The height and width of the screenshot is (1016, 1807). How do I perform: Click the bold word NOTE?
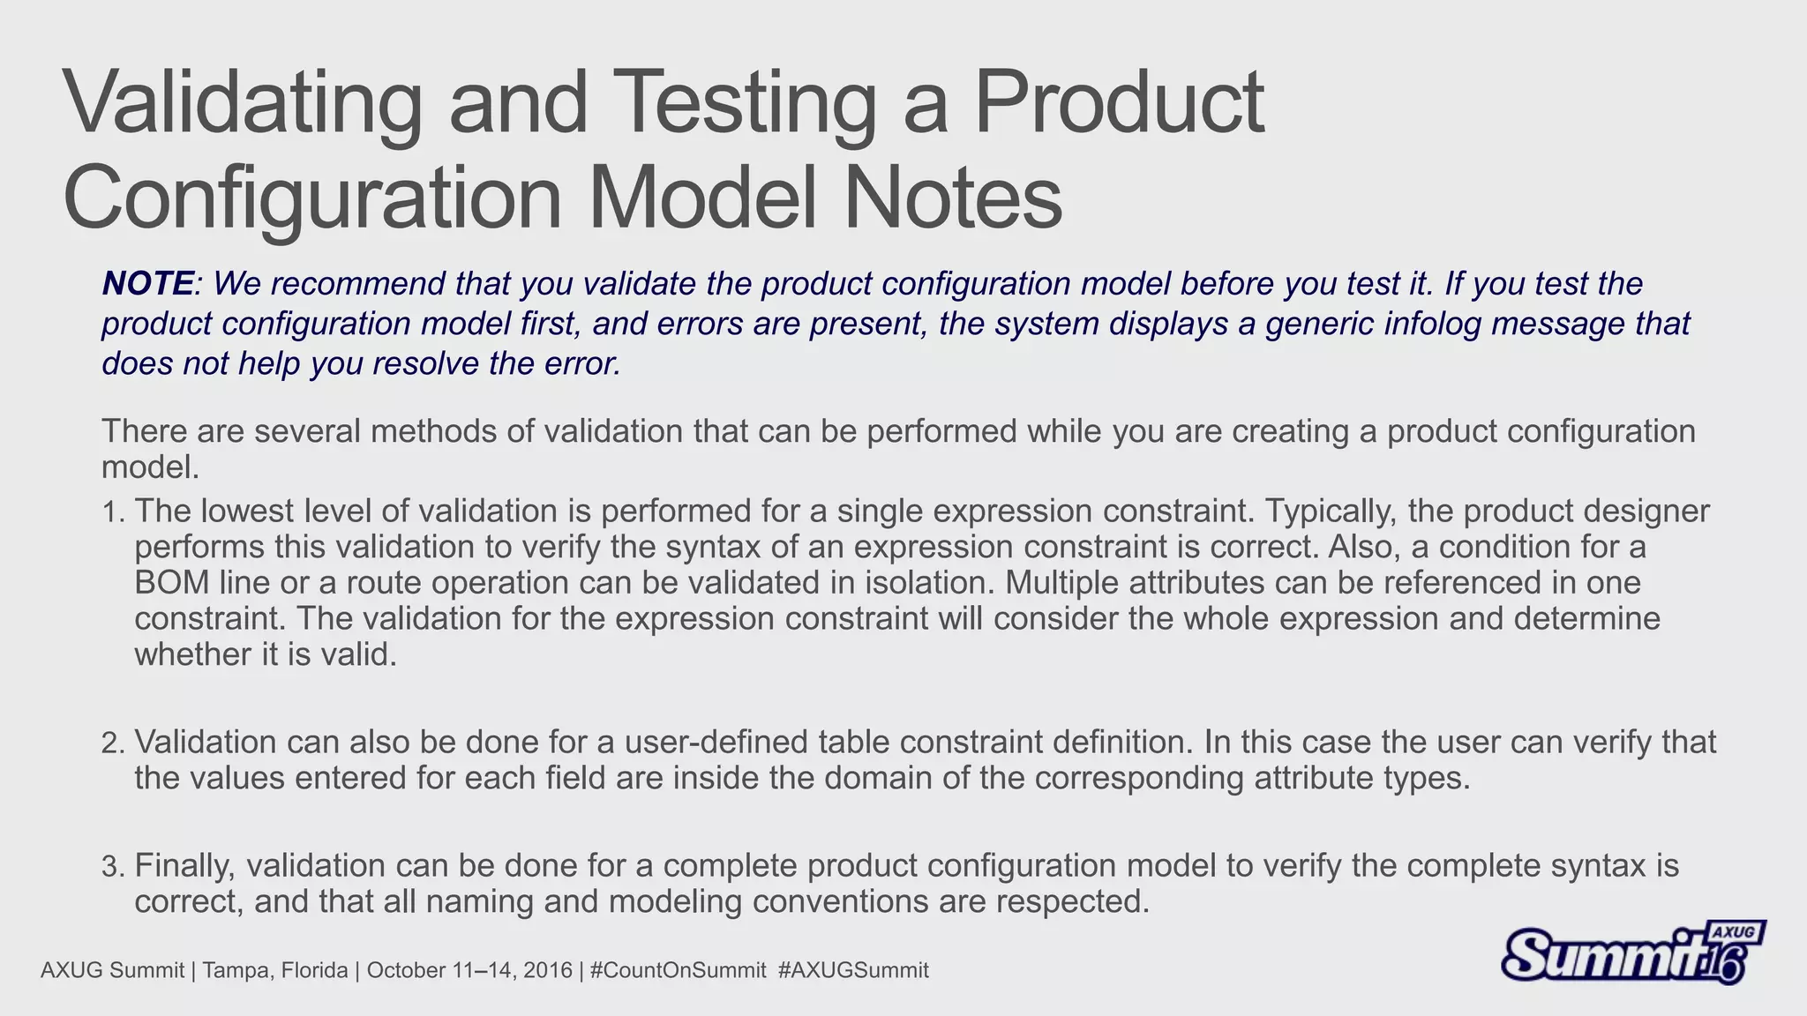(x=147, y=284)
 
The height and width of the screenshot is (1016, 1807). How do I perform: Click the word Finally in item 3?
(x=184, y=866)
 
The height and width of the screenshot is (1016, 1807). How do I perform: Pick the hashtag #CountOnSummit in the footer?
(x=678, y=971)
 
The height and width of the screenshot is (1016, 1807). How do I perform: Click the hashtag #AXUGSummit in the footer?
(x=855, y=971)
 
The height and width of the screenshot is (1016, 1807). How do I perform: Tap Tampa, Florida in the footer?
(x=274, y=971)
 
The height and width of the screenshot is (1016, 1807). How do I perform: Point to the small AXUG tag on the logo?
(x=1735, y=932)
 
